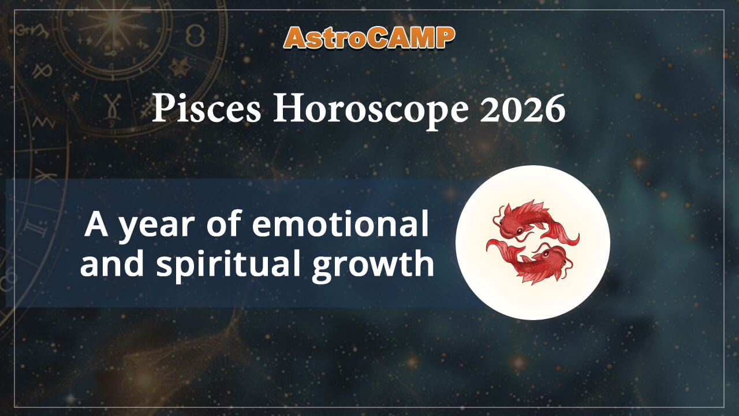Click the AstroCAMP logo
point(369,38)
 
